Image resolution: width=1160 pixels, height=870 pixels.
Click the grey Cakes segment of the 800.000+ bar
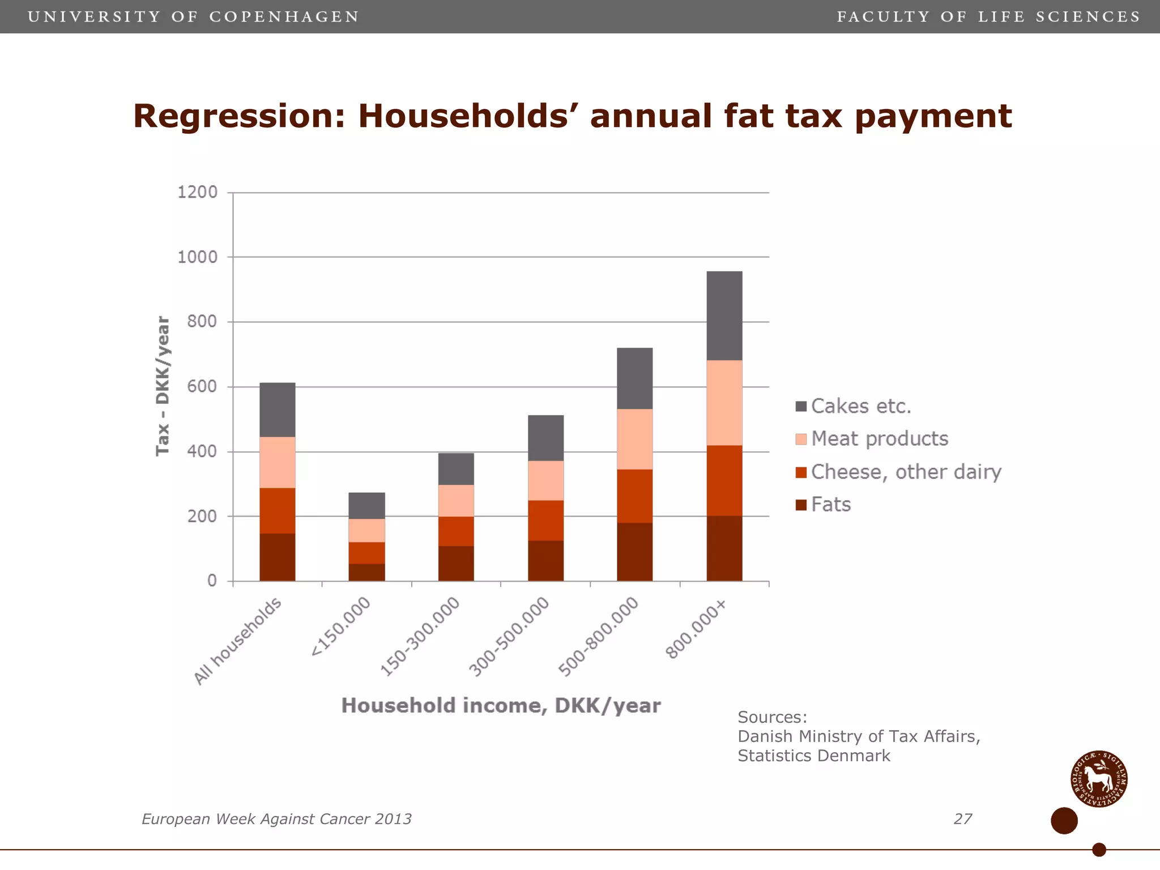click(724, 316)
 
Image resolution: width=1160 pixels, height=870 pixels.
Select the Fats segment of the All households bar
click(277, 557)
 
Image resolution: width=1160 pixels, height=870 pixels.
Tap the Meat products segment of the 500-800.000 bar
click(634, 439)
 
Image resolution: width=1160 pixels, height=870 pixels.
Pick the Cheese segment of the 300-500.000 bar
click(545, 520)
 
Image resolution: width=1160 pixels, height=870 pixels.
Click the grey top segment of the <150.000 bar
click(366, 505)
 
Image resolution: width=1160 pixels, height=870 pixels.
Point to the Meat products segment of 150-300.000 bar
click(456, 500)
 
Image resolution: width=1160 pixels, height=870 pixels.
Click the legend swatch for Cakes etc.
click(801, 406)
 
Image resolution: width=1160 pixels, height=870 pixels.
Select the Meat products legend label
click(879, 439)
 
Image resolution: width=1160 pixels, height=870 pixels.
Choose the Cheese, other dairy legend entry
click(905, 472)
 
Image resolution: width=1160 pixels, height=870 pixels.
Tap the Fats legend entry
click(830, 504)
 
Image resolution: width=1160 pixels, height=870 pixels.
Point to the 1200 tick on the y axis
click(198, 193)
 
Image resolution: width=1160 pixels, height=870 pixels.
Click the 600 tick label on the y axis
click(202, 387)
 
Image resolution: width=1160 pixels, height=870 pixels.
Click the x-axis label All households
click(238, 641)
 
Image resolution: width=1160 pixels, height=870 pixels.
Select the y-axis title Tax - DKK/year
click(163, 386)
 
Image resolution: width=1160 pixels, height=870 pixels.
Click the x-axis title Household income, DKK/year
click(501, 706)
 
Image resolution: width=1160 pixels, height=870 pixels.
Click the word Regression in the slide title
click(238, 116)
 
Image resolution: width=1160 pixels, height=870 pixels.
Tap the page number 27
click(962, 819)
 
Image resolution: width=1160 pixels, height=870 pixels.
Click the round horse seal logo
click(1098, 779)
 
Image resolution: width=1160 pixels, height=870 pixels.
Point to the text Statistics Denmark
click(813, 756)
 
